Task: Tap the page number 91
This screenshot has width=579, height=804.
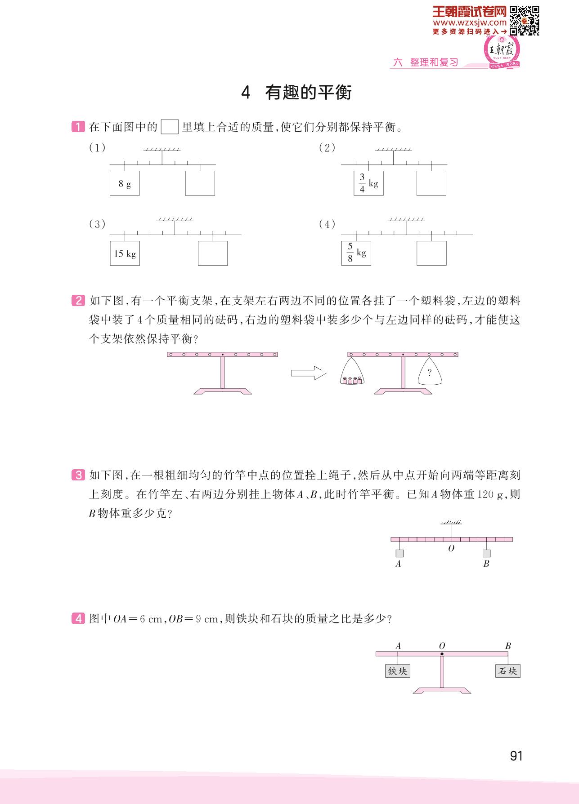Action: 516,756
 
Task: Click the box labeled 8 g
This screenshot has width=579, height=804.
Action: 125,183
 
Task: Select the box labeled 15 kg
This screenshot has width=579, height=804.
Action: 125,253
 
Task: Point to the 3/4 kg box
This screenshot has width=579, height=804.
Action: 368,183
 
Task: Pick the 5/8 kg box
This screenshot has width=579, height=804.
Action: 356,253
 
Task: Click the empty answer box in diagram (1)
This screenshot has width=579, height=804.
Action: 200,183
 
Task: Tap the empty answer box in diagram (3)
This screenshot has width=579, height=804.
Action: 213,253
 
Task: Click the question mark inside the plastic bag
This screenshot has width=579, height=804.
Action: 429,373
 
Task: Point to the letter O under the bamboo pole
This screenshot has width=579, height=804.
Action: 451,548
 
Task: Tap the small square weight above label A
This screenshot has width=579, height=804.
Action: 399,554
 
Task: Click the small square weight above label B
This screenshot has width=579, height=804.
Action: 486,554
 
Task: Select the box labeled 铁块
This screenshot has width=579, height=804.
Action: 398,671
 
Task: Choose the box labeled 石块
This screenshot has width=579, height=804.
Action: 508,671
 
